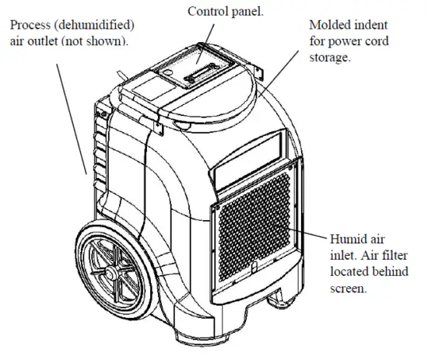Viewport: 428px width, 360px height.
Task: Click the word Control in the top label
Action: coord(205,11)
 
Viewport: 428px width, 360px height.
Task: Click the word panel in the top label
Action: coord(246,12)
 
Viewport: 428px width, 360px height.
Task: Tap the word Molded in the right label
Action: coord(327,24)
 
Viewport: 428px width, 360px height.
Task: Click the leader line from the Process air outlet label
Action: coord(70,117)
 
